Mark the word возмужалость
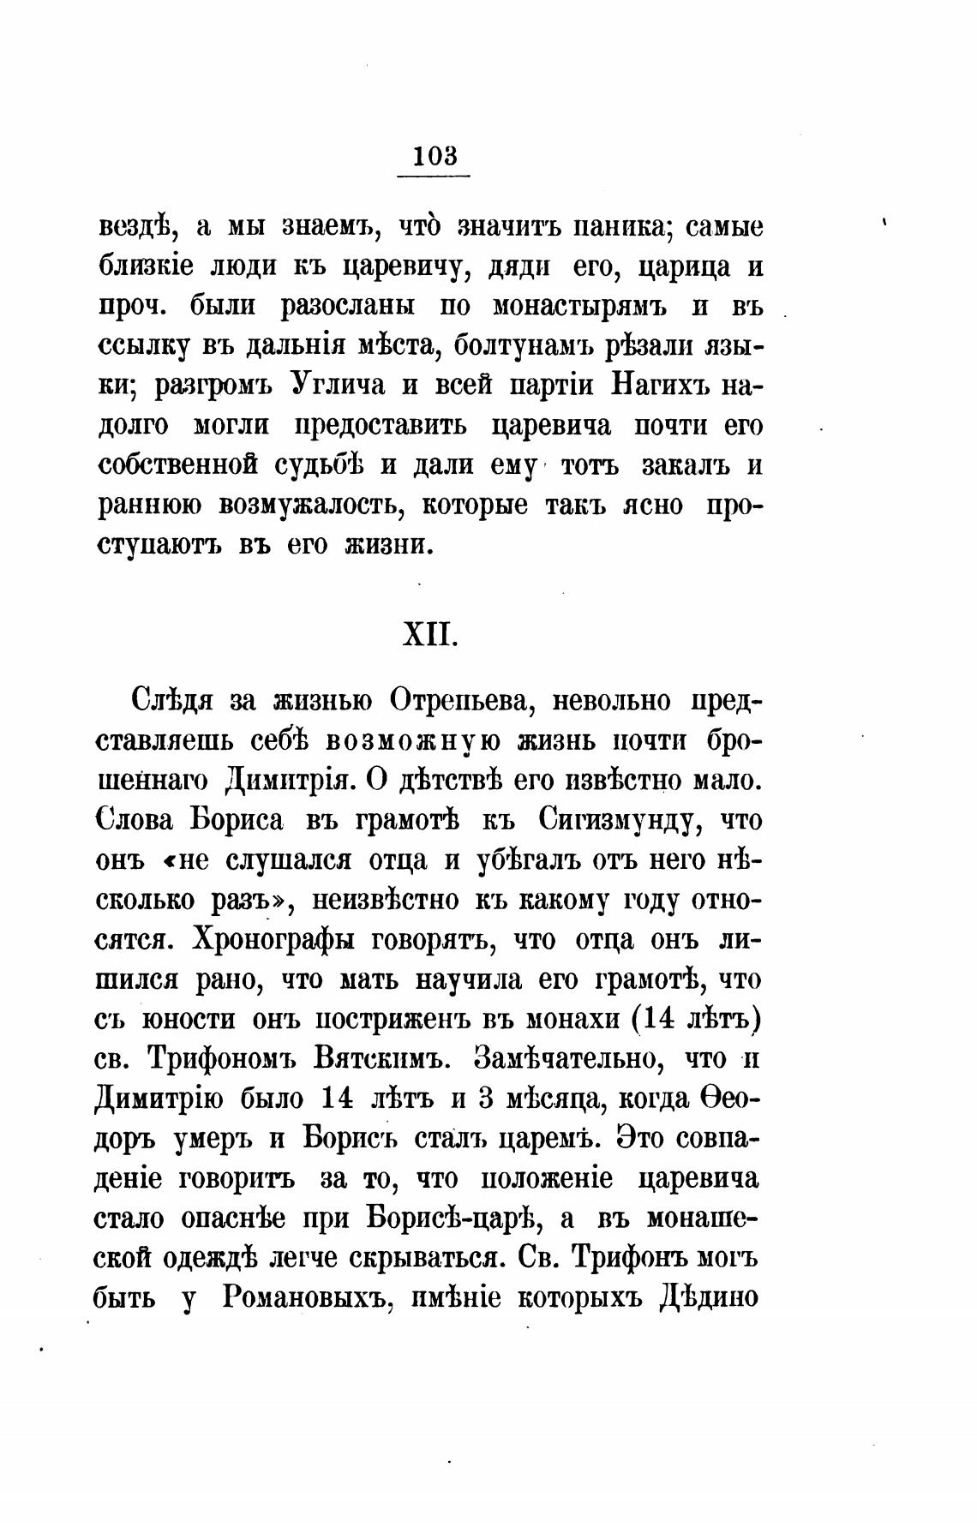pyautogui.click(x=302, y=506)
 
